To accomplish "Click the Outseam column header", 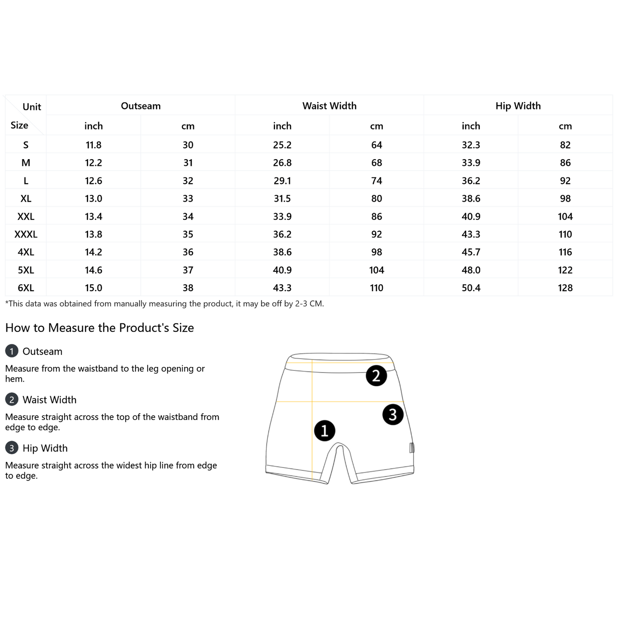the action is coord(140,106).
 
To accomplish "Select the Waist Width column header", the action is coord(329,106).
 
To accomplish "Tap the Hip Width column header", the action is coord(517,106).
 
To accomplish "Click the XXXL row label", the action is coord(26,234).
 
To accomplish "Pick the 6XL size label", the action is coord(26,288).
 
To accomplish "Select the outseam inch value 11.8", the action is coord(93,145).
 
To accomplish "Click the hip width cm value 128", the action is coord(565,288).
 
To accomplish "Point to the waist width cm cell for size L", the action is coord(376,180).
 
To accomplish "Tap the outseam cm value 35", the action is coord(188,234).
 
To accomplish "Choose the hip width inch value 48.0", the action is coord(471,270).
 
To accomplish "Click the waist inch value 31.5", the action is coord(282,198).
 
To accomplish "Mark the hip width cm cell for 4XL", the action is coord(565,252).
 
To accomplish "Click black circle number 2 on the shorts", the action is coord(376,376).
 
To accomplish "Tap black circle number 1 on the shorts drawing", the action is coord(325,431).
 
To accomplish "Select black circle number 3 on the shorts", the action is coord(393,414).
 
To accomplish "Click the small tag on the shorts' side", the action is coord(412,448).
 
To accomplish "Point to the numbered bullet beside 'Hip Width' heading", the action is coord(12,448).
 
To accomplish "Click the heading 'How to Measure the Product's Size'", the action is coord(100,328).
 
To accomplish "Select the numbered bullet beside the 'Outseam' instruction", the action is coord(12,351).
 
